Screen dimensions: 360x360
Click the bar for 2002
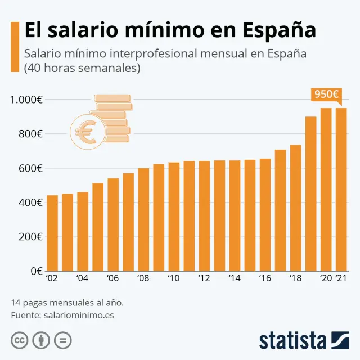[52, 233]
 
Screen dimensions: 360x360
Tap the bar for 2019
[310, 193]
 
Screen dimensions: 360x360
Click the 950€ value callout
[326, 94]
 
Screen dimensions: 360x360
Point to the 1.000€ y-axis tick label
[26, 100]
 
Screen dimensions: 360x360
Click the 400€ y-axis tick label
[29, 202]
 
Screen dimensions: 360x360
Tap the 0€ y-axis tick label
[37, 271]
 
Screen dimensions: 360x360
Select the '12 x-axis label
[204, 278]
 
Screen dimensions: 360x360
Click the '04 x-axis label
[82, 278]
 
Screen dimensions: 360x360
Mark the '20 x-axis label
[325, 278]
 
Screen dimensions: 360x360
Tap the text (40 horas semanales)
[82, 69]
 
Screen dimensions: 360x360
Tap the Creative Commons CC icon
[20, 340]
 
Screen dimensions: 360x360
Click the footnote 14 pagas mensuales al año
[67, 303]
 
